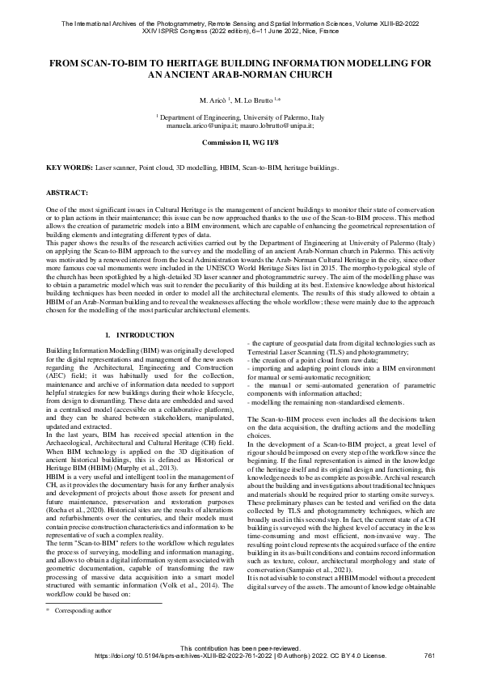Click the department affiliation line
[240, 118]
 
